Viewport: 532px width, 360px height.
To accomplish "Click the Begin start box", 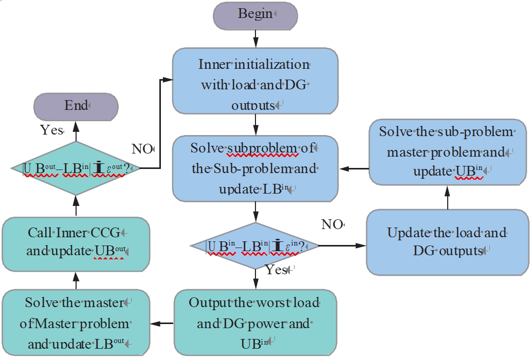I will pyautogui.click(x=255, y=14).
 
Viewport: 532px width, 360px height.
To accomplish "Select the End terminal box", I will pyautogui.click(x=76, y=107).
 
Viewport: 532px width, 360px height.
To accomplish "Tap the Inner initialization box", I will pyautogui.click(x=255, y=82).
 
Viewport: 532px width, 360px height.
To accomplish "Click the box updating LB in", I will pyautogui.click(x=255, y=168).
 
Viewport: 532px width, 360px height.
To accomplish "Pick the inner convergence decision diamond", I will pyautogui.click(x=255, y=246).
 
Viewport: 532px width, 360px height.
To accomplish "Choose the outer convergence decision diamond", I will pyautogui.click(x=76, y=168).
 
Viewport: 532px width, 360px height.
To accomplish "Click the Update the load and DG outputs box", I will pyautogui.click(x=447, y=241).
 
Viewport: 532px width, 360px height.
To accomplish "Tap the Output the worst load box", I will pyautogui.click(x=255, y=323).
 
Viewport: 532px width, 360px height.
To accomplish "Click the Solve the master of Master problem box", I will pyautogui.click(x=76, y=323).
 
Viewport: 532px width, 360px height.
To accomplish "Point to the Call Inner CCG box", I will pyautogui.click(x=76, y=242).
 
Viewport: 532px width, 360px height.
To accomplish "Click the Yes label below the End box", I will pyautogui.click(x=51, y=130).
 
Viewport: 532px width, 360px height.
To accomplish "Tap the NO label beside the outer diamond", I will pyautogui.click(x=142, y=149).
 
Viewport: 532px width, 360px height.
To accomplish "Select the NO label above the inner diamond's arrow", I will pyautogui.click(x=332, y=224).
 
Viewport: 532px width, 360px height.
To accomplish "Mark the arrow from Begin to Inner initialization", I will pyautogui.click(x=255, y=39).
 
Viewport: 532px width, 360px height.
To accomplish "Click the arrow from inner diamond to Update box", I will pyautogui.click(x=342, y=246).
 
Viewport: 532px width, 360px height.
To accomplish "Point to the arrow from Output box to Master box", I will pyautogui.click(x=162, y=323).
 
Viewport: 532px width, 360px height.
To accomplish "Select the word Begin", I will pyautogui.click(x=255, y=14).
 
